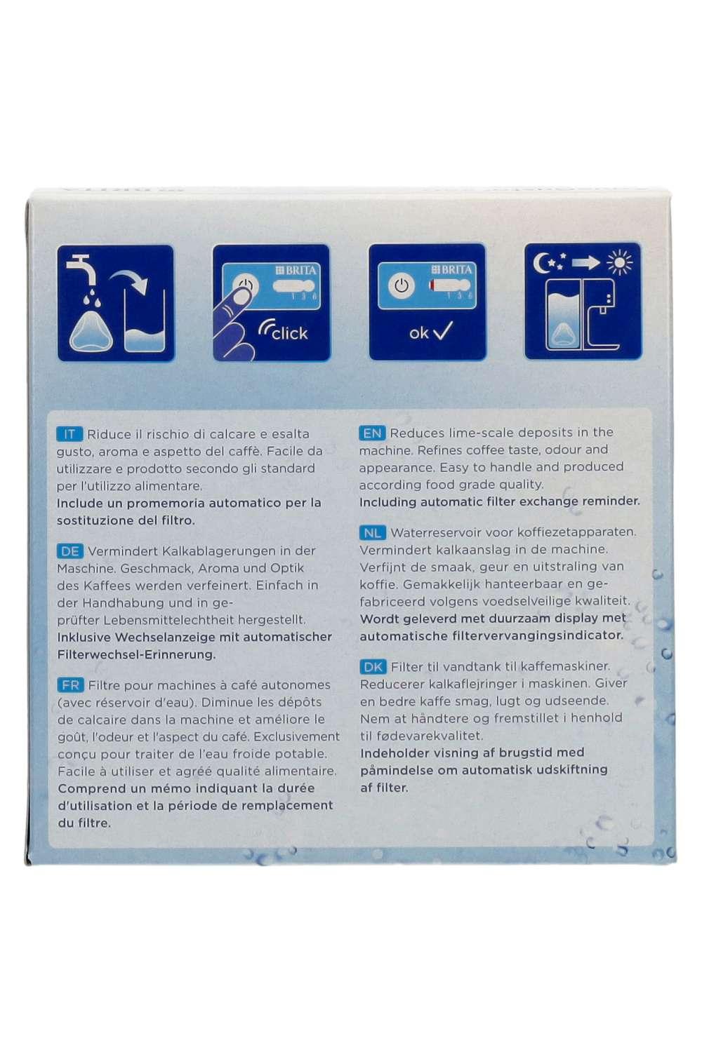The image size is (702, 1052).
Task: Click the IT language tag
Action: click(x=69, y=434)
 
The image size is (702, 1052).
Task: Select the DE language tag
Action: click(x=70, y=551)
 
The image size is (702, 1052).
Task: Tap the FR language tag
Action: click(x=70, y=685)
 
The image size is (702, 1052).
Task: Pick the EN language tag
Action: click(x=372, y=433)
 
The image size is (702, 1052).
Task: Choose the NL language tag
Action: click(x=372, y=532)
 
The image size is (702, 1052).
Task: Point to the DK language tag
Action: click(x=373, y=667)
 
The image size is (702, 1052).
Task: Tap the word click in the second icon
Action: click(x=289, y=333)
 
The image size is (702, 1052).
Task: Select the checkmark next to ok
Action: click(x=442, y=331)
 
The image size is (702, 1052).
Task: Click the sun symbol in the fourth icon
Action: click(x=619, y=262)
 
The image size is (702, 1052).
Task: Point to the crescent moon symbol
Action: click(x=541, y=262)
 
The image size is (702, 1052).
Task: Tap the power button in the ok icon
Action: click(x=401, y=285)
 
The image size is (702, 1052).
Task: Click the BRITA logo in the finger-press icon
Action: click(x=296, y=271)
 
